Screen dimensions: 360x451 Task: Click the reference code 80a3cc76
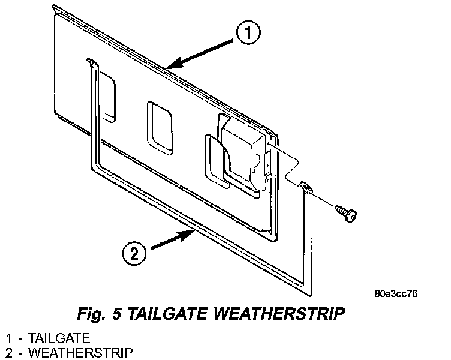pos(395,294)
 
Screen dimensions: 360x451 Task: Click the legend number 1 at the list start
pos(8,337)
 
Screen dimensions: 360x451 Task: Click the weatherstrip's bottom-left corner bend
pos(94,169)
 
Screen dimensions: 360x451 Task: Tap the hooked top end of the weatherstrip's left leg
pos(90,61)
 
